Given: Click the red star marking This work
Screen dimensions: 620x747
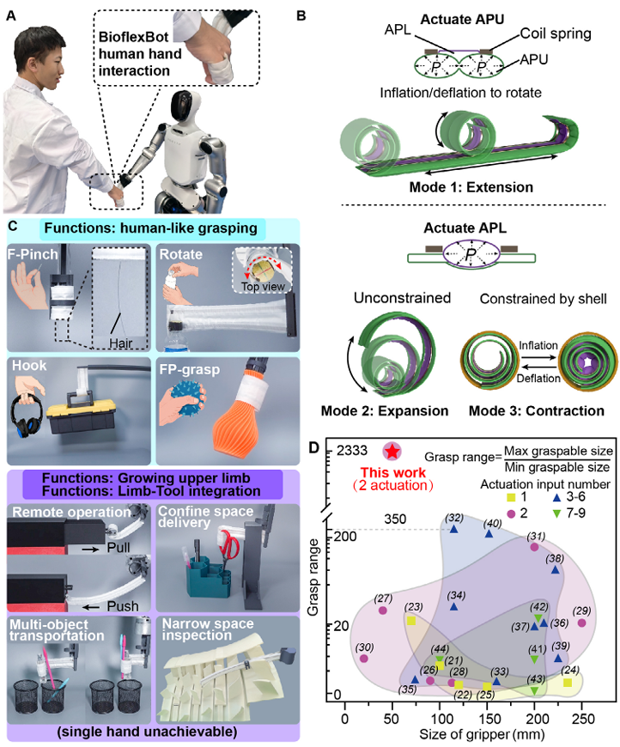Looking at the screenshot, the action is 392,451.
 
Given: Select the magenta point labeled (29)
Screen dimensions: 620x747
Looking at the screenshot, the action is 581,622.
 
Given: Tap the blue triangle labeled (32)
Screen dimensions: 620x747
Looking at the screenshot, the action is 453,529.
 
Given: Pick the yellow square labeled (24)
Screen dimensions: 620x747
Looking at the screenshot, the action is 567,683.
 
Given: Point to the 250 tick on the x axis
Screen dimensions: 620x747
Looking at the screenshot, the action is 583,719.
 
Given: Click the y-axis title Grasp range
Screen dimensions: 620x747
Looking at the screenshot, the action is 313,577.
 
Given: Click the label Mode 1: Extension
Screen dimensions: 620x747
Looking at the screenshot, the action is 471,187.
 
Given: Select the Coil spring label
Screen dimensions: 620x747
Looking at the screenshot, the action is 556,33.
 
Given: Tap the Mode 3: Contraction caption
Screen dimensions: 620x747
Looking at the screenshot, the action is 536,410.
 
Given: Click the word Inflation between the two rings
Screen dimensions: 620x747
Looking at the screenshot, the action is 538,345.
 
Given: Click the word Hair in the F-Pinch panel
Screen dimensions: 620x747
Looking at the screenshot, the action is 120,343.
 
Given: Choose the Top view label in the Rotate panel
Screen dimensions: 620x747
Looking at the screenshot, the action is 263,286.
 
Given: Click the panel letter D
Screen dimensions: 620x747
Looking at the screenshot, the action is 313,448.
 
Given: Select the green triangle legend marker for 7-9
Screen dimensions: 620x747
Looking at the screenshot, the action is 556,513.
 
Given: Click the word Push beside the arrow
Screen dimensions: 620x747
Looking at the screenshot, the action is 123,606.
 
